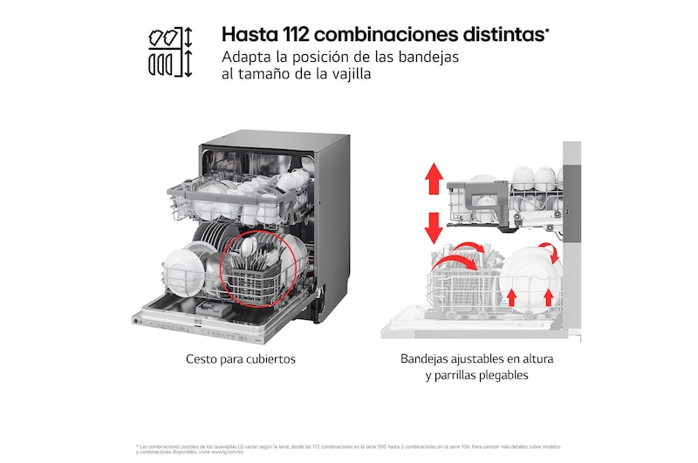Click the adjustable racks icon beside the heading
click(x=169, y=52)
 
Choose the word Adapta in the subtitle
click(x=246, y=57)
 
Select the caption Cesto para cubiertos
click(x=241, y=358)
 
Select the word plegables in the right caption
click(x=501, y=376)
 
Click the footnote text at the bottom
click(x=349, y=448)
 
